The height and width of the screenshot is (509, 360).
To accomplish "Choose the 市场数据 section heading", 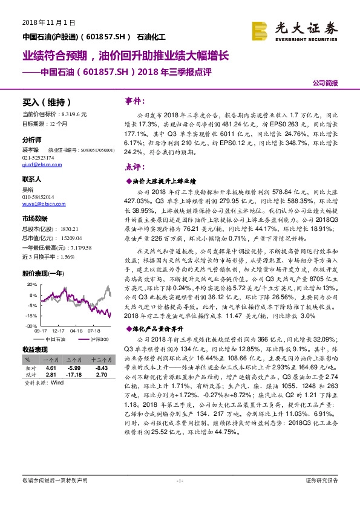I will [x=34, y=218].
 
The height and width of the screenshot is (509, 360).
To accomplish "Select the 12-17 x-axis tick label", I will [x=59, y=331].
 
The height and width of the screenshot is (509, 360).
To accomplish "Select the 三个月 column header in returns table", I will [x=74, y=360].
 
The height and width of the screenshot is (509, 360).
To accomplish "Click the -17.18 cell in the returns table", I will [x=74, y=375].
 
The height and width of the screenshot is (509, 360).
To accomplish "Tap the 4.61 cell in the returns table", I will [x=51, y=368].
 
